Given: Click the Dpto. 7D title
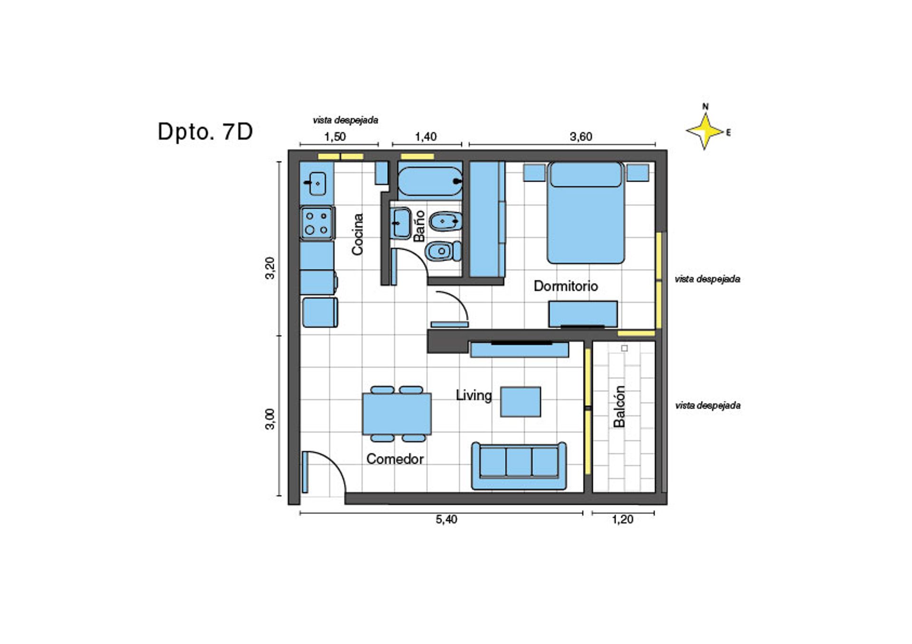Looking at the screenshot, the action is coord(205,132).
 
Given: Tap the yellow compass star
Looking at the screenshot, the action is coord(705,131).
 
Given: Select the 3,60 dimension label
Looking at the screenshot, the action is coord(580,137).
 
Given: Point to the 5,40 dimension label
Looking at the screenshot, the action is coord(446,519).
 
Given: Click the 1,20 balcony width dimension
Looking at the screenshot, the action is coord(622,519).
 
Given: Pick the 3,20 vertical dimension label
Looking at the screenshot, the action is coord(270,268).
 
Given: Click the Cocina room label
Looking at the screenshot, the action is coord(357,234).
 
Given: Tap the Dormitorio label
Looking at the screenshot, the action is coord(566,286).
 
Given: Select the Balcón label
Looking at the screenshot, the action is coord(619,406).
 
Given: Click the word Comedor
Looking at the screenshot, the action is coord(395,459).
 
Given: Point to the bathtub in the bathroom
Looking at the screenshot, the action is coord(430,181).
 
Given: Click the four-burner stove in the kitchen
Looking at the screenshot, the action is coord(317,223).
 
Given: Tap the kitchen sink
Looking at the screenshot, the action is coord(317,184).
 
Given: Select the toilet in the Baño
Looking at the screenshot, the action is coord(443,251).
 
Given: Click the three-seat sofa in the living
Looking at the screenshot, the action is coord(519,466).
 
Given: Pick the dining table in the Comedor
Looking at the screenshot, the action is coord(397,414).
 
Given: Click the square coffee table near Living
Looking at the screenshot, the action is coord(521,402).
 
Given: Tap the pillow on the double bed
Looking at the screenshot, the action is coord(586,175).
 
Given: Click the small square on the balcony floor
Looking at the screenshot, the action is coord(625,348).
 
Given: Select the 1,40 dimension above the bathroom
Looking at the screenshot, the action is coord(426,137).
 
